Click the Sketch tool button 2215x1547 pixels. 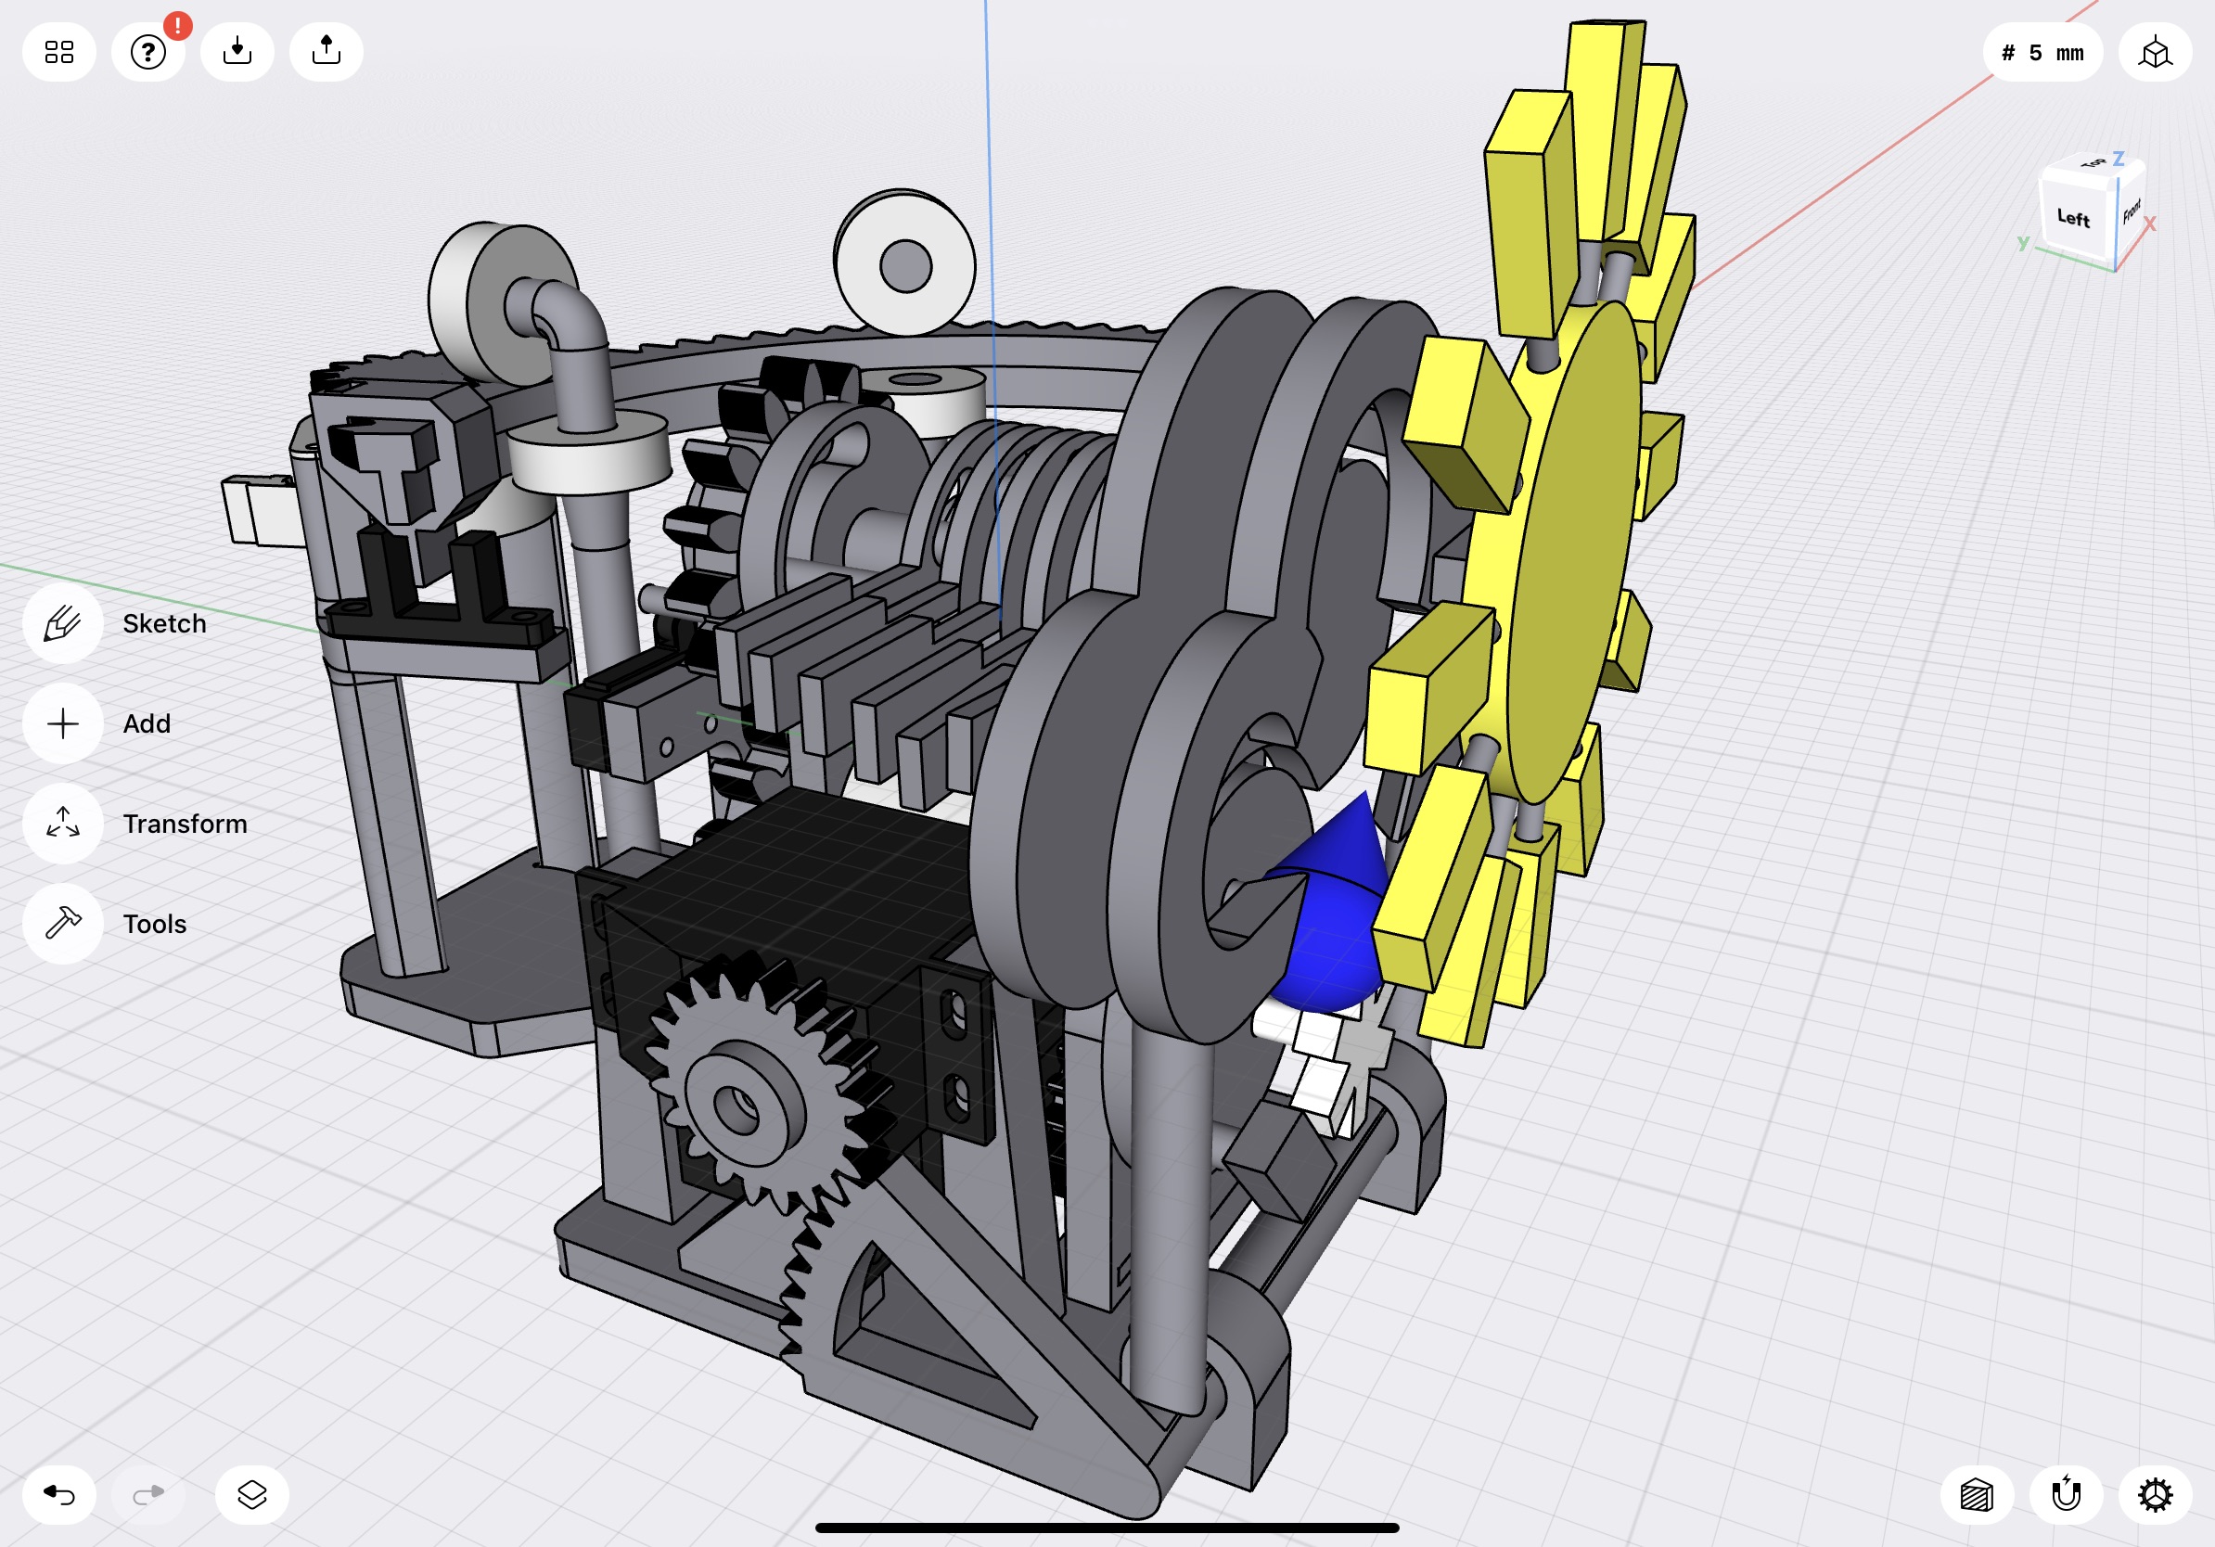point(63,624)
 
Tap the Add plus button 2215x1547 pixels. point(63,723)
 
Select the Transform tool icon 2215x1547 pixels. point(63,824)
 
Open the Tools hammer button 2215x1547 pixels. point(63,924)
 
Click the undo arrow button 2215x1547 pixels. point(58,1495)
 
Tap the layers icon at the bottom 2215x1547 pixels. point(251,1495)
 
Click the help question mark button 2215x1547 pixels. point(147,52)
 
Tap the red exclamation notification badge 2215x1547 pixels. point(177,26)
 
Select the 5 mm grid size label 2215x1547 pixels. point(2042,52)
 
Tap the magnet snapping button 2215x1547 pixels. point(2066,1495)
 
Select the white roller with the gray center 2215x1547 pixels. point(905,264)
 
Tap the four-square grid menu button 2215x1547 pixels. point(58,52)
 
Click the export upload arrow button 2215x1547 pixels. point(326,52)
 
